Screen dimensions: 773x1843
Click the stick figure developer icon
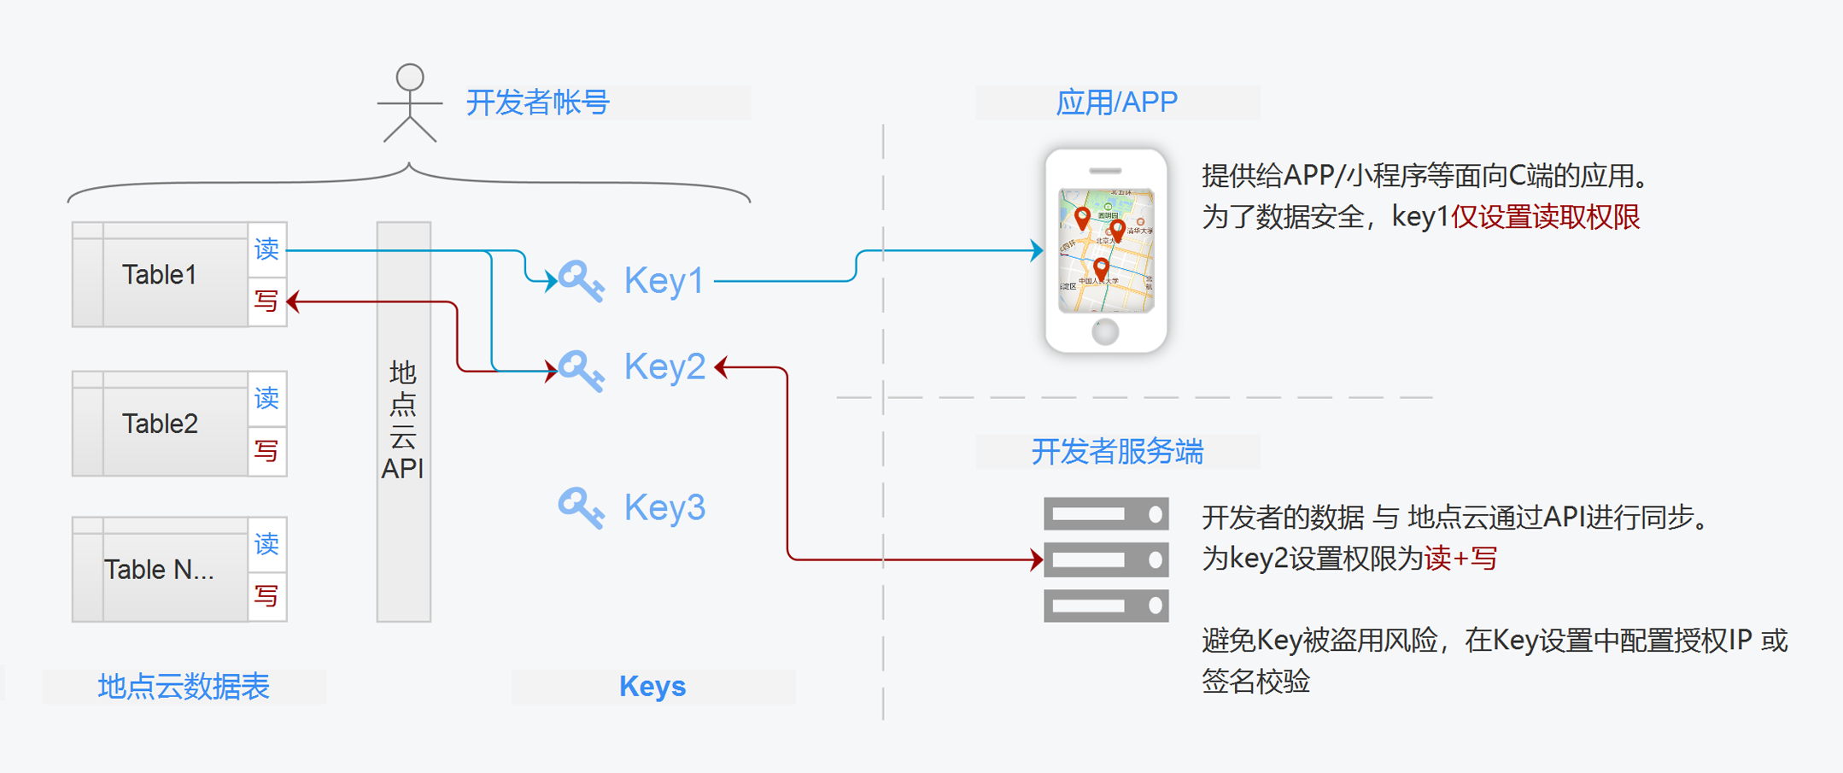[410, 102]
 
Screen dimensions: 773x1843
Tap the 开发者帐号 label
[537, 102]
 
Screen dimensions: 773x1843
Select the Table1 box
[160, 275]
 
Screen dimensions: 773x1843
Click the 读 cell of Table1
[266, 249]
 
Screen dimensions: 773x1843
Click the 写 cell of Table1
[266, 302]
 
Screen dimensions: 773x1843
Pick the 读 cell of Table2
[266, 398]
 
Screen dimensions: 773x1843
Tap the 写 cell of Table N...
[266, 595]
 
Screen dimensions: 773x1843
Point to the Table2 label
[160, 424]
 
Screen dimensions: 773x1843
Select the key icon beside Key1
[581, 280]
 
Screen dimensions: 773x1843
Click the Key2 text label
[664, 367]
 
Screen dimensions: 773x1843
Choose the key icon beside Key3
[581, 507]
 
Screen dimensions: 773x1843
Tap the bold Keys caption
[652, 686]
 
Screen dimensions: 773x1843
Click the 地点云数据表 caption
[184, 686]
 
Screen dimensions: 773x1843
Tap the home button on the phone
[1105, 331]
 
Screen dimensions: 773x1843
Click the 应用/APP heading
[1116, 102]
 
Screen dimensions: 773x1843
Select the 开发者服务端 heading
[1117, 451]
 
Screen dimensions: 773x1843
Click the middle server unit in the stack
[1106, 560]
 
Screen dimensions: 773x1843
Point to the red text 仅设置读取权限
[1545, 217]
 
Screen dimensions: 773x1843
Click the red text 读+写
[1460, 559]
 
